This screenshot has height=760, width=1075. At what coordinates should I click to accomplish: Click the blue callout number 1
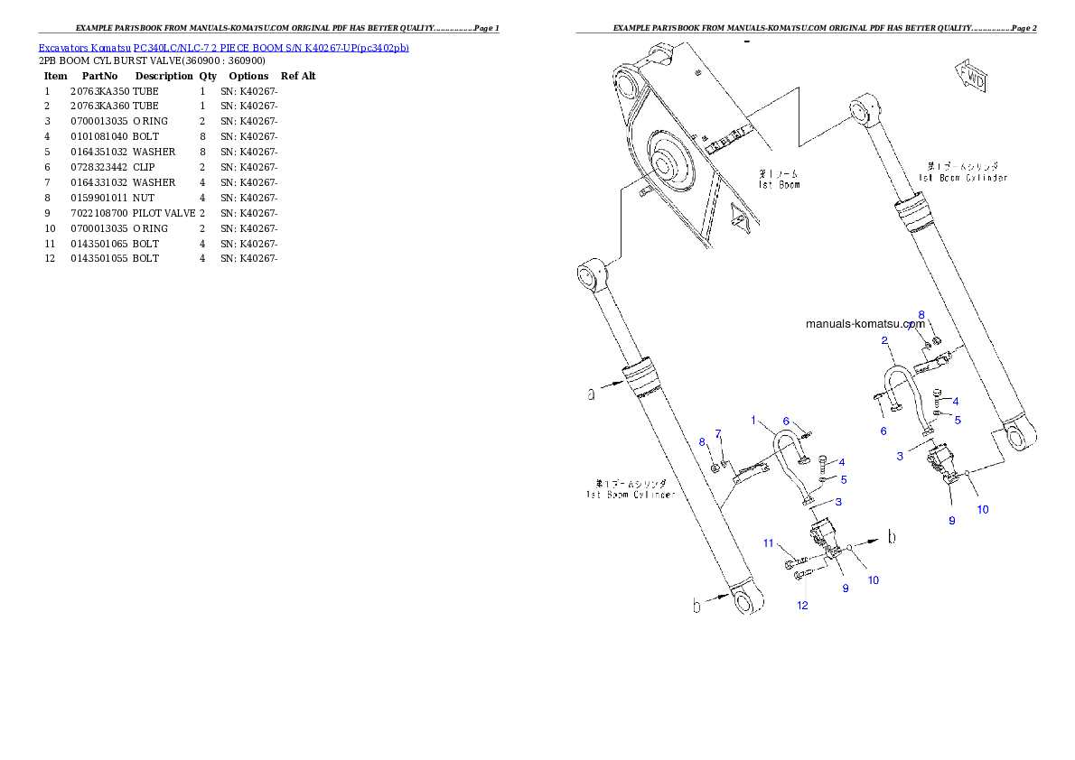click(x=753, y=420)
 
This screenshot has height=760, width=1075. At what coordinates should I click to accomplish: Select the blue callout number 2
click(x=886, y=340)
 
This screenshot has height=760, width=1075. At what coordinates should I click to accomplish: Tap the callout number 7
click(x=718, y=433)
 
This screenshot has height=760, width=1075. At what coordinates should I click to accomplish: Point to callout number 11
click(x=769, y=543)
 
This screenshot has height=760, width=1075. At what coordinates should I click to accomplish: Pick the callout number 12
click(x=802, y=605)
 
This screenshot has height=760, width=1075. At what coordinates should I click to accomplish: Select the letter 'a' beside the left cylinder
click(x=591, y=394)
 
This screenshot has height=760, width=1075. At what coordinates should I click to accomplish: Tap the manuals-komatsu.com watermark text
click(x=865, y=324)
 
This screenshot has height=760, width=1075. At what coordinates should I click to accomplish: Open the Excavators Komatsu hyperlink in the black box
click(x=223, y=47)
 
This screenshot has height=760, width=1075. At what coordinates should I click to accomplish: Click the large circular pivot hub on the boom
click(x=666, y=167)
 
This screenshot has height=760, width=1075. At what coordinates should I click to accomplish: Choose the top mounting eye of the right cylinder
click(x=863, y=110)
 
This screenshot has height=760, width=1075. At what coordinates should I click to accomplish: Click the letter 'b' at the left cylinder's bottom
click(x=696, y=606)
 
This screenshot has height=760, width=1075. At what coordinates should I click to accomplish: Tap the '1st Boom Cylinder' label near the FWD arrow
click(x=963, y=172)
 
